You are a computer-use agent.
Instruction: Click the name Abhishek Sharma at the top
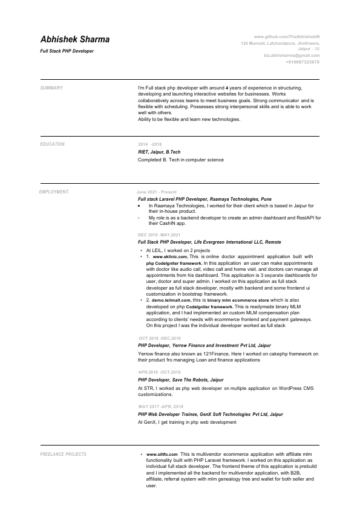click(75, 40)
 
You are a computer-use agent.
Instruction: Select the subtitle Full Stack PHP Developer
click(67, 51)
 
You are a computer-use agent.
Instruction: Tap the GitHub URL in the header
click(286, 37)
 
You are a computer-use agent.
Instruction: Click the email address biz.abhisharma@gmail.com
click(292, 56)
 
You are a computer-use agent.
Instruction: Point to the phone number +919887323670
click(303, 62)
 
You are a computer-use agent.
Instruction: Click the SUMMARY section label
click(51, 88)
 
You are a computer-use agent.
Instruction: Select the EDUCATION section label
click(53, 144)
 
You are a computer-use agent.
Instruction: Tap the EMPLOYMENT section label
click(54, 192)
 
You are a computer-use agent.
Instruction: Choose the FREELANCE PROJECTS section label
click(64, 454)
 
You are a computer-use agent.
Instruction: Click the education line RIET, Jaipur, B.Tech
click(159, 152)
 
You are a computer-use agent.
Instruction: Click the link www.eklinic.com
click(170, 256)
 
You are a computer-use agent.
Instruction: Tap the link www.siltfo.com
click(162, 453)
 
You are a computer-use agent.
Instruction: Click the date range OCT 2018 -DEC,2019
click(160, 339)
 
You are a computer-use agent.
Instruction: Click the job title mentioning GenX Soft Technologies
click(211, 415)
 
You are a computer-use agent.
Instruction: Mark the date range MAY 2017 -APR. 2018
click(160, 407)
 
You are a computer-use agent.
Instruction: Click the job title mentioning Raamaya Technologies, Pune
click(205, 198)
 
